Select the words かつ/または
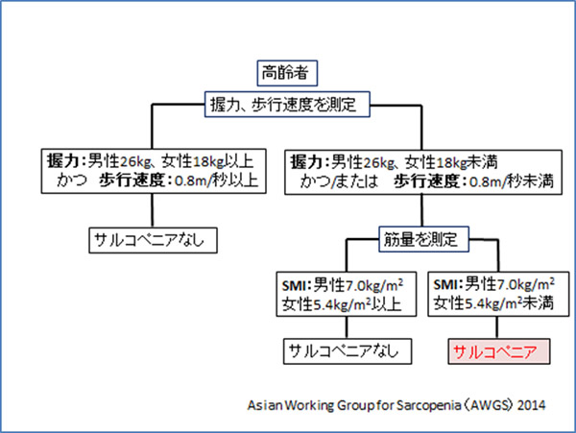coord(334,180)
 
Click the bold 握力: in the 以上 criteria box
coord(65,160)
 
